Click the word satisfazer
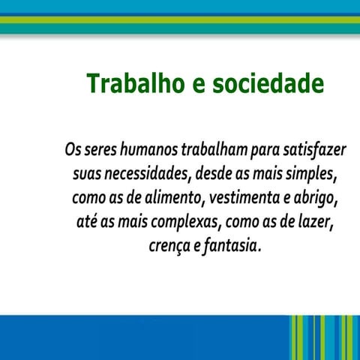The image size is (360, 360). (317, 150)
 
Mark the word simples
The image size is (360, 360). (312, 175)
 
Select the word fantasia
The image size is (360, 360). (232, 246)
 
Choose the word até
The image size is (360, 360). (87, 223)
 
